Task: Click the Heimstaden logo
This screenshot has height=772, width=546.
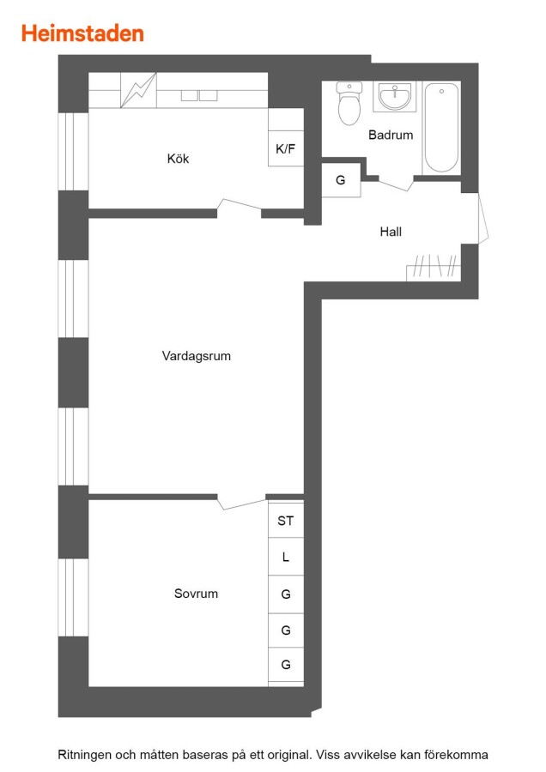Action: (82, 33)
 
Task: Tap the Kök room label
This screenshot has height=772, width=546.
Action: (178, 159)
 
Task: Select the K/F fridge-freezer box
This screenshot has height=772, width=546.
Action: (286, 148)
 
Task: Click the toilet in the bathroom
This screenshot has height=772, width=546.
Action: (349, 103)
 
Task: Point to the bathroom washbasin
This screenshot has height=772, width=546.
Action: (394, 96)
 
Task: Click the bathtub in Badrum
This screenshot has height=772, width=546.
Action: (441, 128)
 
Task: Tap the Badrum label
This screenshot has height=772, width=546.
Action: (391, 135)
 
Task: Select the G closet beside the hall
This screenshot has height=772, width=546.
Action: (341, 180)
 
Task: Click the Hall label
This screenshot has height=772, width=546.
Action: (391, 232)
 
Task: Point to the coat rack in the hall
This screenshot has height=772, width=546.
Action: (434, 268)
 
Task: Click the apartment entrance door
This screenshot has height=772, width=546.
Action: (483, 218)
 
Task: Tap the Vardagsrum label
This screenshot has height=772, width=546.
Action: (196, 356)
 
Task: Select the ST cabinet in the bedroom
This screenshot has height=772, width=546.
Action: (286, 520)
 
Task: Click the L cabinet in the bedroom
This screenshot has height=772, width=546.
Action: (286, 557)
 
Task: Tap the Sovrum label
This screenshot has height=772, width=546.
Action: (196, 594)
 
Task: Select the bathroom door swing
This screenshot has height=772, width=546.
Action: (397, 184)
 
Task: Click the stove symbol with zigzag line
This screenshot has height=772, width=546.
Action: (138, 90)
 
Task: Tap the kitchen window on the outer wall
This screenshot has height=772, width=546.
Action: (74, 152)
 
